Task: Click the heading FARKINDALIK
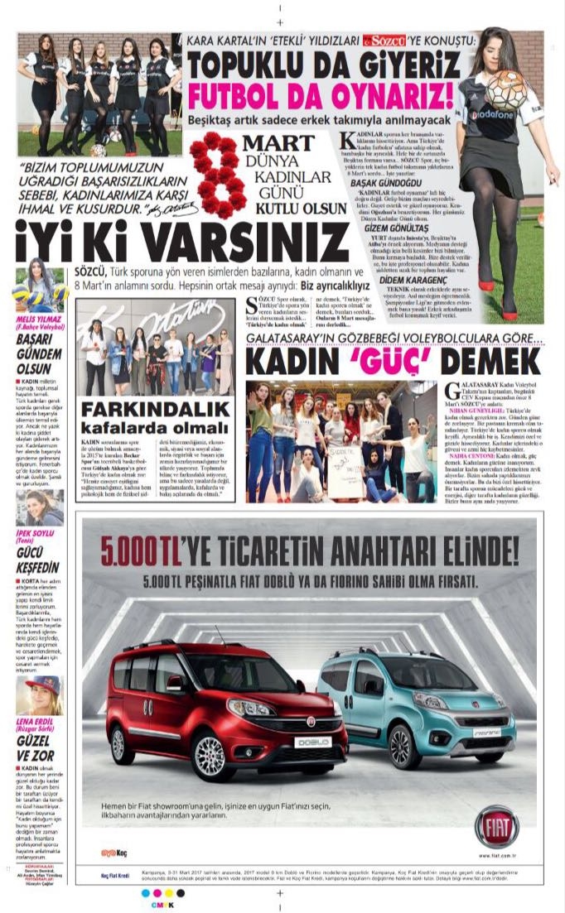[155, 410]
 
